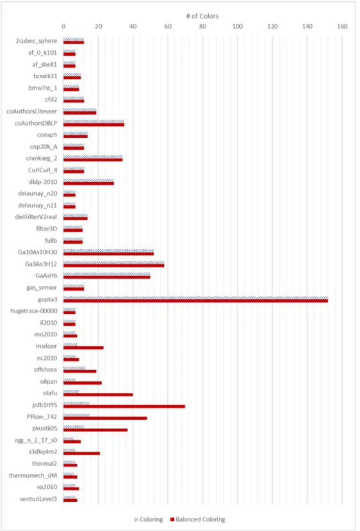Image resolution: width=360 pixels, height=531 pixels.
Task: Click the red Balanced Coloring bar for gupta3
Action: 196,300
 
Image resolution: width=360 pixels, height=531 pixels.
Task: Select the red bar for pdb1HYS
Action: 124,406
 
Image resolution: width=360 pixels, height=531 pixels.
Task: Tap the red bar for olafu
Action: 98,395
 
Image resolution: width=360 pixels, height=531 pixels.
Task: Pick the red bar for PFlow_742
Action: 105,418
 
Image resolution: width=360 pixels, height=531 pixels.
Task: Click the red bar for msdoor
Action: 83,348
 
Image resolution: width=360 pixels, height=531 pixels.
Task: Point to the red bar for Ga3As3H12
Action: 114,265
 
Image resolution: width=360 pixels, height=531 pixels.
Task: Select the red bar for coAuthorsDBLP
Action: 94,125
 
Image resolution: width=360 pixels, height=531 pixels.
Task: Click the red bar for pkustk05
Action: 95,430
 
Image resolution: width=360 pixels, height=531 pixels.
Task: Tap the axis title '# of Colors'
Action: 202,16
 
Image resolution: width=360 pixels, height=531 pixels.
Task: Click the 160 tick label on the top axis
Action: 342,26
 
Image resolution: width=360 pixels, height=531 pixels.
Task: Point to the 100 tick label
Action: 238,26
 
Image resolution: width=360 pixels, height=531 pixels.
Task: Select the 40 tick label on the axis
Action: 133,26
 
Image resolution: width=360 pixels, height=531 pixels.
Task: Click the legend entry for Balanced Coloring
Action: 197,519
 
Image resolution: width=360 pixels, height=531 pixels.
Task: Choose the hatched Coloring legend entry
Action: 149,519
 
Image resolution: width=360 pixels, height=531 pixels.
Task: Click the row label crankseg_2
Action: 42,158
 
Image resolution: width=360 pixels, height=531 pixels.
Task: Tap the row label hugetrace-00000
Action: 34,311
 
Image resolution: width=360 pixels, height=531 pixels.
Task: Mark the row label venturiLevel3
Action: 38,499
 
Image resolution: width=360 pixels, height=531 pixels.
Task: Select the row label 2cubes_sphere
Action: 37,41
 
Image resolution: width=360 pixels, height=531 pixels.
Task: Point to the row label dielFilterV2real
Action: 36,217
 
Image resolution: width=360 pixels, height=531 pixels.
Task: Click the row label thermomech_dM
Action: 33,475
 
